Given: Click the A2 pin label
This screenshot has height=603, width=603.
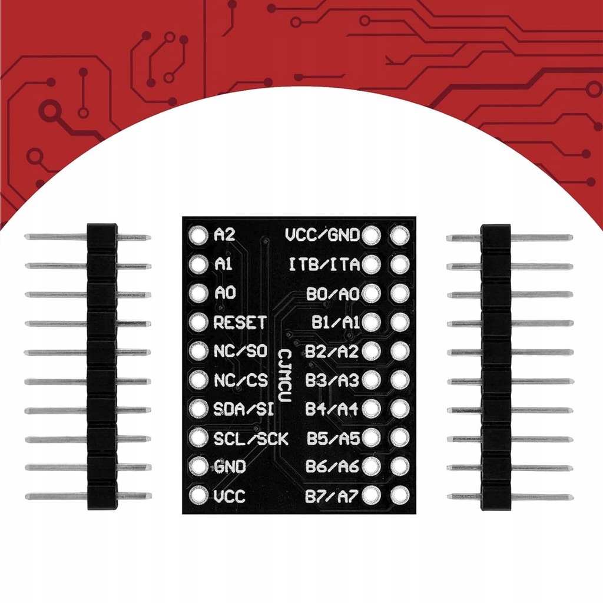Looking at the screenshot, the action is point(224,236).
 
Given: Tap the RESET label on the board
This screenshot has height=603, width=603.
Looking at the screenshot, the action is point(240,322).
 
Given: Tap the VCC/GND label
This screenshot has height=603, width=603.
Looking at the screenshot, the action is point(322,236).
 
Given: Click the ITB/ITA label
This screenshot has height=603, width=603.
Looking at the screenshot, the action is point(324,264).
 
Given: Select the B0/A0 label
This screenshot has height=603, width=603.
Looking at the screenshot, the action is point(332,293).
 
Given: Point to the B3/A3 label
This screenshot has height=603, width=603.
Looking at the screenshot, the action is point(332,380).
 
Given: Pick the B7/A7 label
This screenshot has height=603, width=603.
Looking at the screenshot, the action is point(332,496).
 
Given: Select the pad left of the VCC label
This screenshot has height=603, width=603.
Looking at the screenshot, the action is point(199,496).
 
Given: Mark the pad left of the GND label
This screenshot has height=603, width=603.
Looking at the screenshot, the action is point(199,467).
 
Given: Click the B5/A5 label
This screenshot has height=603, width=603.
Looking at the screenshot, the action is point(332,438).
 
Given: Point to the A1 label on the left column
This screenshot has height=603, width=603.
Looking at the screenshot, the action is point(223,264).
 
